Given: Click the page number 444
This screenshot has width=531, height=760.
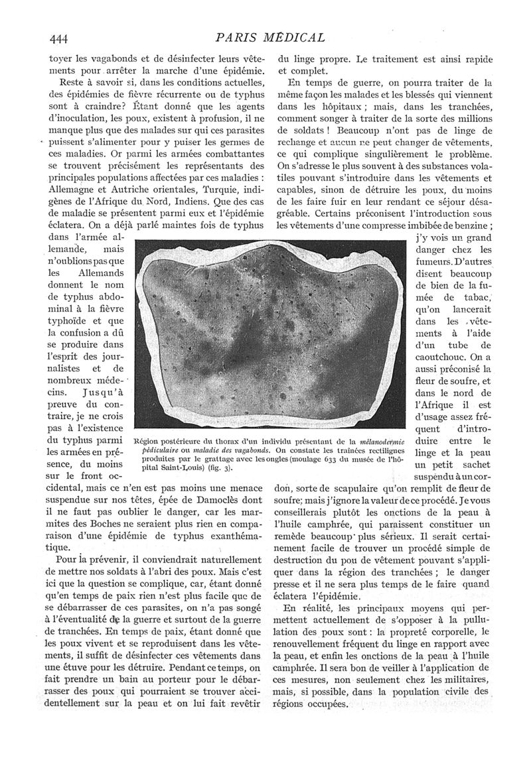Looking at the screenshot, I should (60, 37).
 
